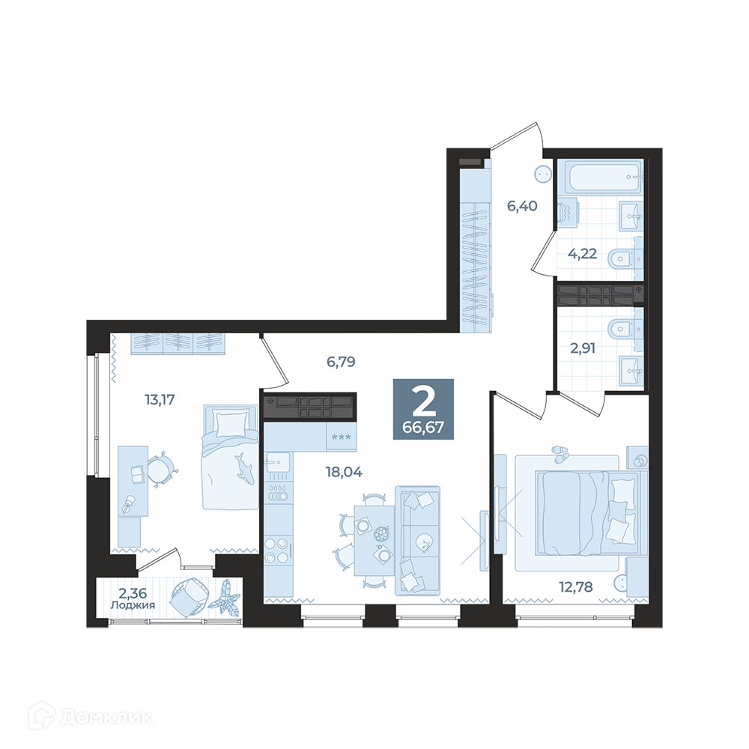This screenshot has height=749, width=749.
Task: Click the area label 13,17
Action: [x=160, y=399]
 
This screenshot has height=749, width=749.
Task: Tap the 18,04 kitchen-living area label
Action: [x=344, y=473]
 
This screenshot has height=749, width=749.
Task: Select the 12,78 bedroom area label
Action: [x=576, y=586]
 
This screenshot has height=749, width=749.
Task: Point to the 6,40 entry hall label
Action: [x=522, y=206]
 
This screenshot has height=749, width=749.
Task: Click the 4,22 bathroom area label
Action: [x=582, y=253]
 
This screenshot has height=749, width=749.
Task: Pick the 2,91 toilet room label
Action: [x=583, y=348]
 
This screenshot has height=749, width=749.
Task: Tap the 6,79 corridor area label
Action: [x=341, y=362]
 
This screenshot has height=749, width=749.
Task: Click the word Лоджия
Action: [x=133, y=605]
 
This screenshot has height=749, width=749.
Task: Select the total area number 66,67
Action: [x=423, y=427]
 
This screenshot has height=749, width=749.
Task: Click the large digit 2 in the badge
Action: [x=424, y=401]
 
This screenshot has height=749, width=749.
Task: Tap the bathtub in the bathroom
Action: [x=602, y=177]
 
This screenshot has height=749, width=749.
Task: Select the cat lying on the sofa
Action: [x=424, y=542]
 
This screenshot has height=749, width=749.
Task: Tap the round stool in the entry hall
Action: [x=543, y=175]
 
